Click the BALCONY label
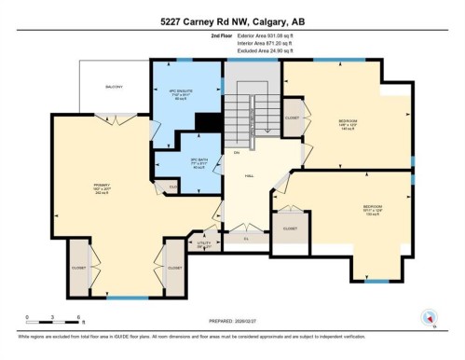tap(113, 86)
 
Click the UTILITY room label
tap(203, 242)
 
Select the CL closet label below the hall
tap(247, 237)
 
